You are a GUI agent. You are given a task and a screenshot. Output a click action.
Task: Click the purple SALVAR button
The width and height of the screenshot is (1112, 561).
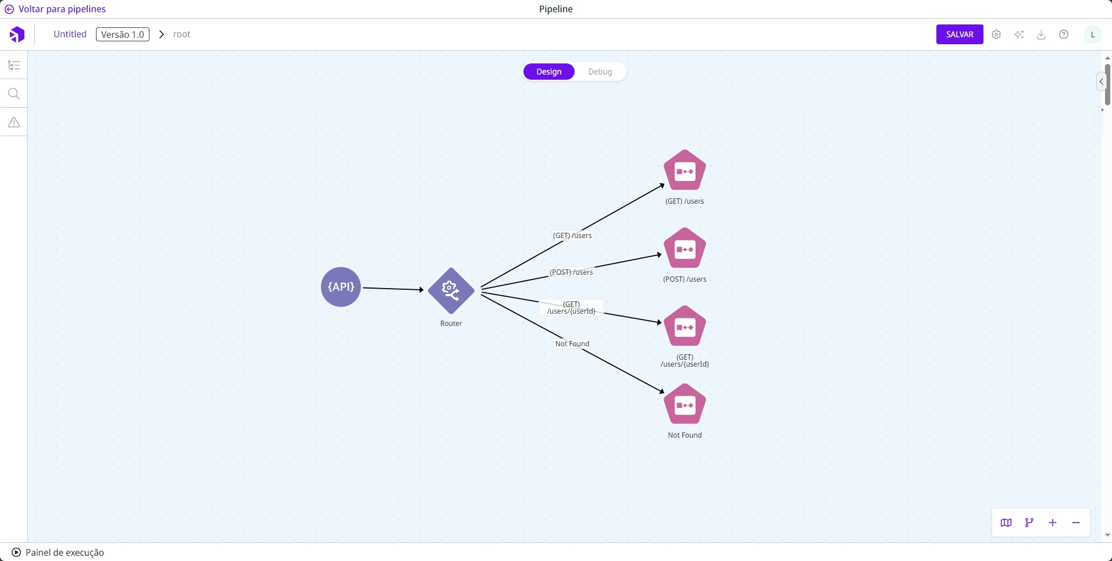959,34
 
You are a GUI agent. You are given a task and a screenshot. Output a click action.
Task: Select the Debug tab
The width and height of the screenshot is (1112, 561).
600,72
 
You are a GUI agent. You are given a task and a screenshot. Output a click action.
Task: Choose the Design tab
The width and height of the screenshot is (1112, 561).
548,72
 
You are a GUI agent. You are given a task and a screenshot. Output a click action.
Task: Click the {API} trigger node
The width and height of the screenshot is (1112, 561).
341,287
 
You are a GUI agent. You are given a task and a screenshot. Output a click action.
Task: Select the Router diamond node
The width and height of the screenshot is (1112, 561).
451,290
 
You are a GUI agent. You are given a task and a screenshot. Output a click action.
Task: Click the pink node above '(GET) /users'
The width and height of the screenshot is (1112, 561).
685,171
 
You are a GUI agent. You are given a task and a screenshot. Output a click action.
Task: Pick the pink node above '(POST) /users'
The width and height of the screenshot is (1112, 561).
685,248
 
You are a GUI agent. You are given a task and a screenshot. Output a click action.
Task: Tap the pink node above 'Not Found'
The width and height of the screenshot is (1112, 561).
685,404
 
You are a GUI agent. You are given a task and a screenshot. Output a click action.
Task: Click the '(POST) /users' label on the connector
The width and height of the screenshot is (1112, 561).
571,272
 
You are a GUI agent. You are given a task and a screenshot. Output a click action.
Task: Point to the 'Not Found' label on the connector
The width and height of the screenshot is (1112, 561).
572,344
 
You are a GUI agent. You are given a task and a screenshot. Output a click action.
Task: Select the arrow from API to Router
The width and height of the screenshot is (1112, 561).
393,289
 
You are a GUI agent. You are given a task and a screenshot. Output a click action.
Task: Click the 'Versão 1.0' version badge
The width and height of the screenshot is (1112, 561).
122,34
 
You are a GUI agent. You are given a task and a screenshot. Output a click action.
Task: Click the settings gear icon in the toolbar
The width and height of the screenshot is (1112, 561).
996,34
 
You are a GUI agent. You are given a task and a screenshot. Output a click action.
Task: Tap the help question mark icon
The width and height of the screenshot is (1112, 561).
1064,34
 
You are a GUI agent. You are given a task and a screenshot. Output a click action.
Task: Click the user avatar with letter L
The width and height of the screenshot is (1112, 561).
1092,34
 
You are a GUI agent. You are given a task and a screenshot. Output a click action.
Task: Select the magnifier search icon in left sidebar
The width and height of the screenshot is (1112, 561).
14,94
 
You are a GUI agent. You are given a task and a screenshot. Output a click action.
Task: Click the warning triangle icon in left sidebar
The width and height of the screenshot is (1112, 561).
14,122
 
